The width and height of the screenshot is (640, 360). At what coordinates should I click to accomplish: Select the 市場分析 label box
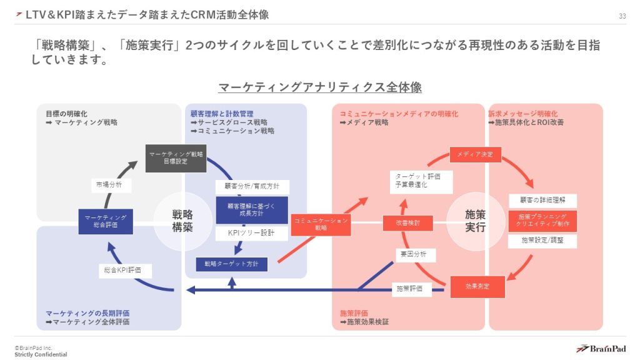[109, 185]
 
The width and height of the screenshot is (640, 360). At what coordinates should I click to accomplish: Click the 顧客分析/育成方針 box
[252, 186]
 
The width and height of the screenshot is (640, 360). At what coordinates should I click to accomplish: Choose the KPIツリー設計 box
[252, 233]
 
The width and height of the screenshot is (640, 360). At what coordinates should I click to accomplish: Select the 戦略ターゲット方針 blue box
[231, 264]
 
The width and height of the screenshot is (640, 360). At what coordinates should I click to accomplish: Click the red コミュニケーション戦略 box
[320, 224]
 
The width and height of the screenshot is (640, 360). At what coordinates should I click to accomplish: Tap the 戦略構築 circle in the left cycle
[182, 221]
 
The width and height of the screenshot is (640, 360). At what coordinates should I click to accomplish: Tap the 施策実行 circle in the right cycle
[475, 221]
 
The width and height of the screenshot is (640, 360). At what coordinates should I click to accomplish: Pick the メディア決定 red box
[475, 154]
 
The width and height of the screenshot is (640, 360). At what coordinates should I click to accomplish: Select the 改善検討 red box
[407, 222]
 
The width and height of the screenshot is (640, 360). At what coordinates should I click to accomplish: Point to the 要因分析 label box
[414, 254]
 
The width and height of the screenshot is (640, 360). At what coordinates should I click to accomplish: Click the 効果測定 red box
[477, 286]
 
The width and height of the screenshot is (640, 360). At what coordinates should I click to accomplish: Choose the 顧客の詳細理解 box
[542, 201]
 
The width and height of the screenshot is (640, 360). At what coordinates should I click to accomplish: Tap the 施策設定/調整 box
[542, 240]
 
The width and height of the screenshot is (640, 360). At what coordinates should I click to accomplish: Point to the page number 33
[622, 16]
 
